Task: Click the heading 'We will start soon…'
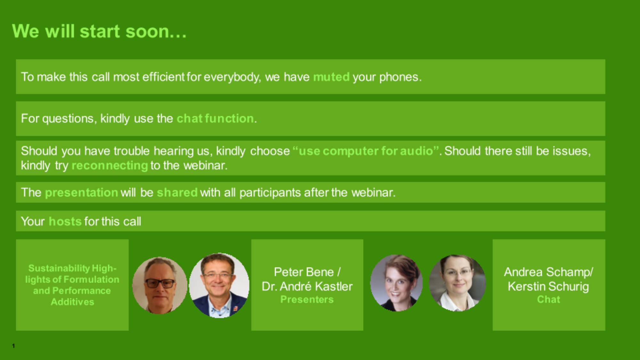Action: pyautogui.click(x=99, y=31)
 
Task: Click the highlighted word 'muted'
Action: pyautogui.click(x=331, y=77)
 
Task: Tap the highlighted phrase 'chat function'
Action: pyautogui.click(x=215, y=118)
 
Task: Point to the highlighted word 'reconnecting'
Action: pyautogui.click(x=110, y=165)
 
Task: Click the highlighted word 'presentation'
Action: pyautogui.click(x=82, y=192)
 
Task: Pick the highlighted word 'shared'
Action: pyautogui.click(x=177, y=192)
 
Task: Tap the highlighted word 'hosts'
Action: pyautogui.click(x=65, y=221)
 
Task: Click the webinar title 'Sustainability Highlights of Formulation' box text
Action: pyautogui.click(x=72, y=285)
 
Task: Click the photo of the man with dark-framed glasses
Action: pyautogui.click(x=160, y=285)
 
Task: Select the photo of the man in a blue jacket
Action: pyautogui.click(x=219, y=285)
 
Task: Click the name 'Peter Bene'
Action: pyautogui.click(x=304, y=272)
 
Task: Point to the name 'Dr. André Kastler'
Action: pyautogui.click(x=307, y=286)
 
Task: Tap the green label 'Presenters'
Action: pyautogui.click(x=307, y=300)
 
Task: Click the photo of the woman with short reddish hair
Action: pyautogui.click(x=396, y=283)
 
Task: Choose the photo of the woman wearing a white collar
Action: pyautogui.click(x=458, y=283)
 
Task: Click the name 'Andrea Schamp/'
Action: pyautogui.click(x=548, y=272)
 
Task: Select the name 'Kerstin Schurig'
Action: pyautogui.click(x=548, y=286)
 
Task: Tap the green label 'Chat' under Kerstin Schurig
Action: pyautogui.click(x=548, y=300)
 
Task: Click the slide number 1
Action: pyautogui.click(x=13, y=346)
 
